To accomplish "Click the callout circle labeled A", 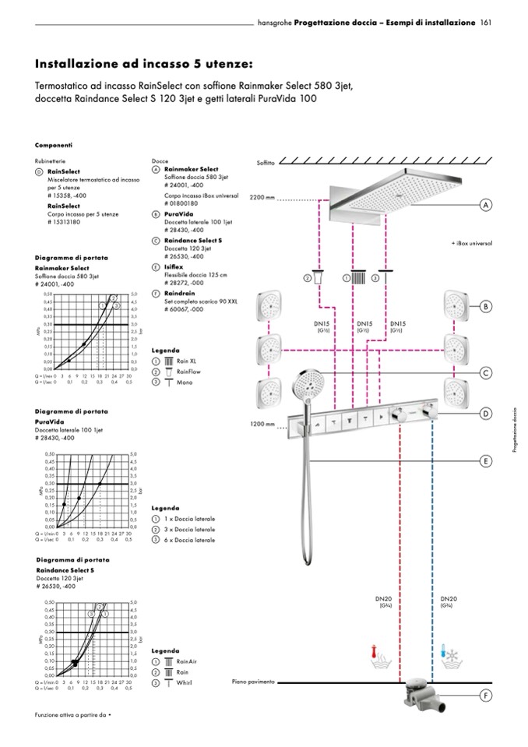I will tap(485, 205).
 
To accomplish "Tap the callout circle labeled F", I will tap(485, 695).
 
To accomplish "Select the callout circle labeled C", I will tap(485, 373).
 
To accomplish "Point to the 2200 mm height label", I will tap(262, 197).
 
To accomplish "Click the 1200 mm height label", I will tap(262, 425).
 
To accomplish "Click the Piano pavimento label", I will tap(254, 682).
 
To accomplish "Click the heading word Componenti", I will tap(54, 145).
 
